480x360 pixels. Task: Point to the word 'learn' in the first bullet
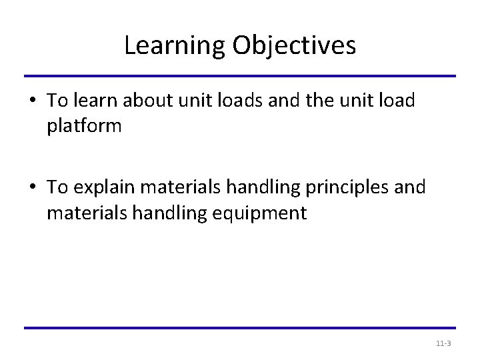tap(91, 101)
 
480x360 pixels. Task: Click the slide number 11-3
tap(443, 343)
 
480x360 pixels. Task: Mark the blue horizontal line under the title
tap(239, 76)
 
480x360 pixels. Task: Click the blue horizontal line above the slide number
tap(239, 328)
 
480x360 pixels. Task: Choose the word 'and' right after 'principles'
tap(410, 188)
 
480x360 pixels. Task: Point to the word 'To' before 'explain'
tap(57, 188)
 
